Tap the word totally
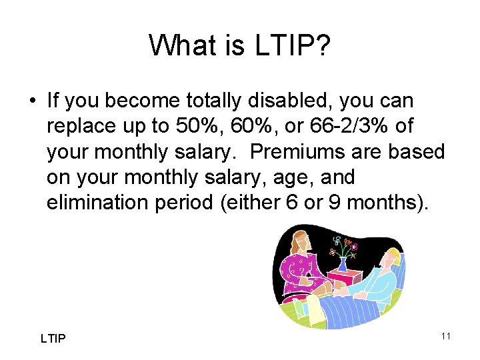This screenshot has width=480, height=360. pyautogui.click(x=213, y=101)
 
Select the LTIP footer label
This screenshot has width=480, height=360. pyautogui.click(x=53, y=339)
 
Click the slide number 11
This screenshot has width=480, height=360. pyautogui.click(x=445, y=336)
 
